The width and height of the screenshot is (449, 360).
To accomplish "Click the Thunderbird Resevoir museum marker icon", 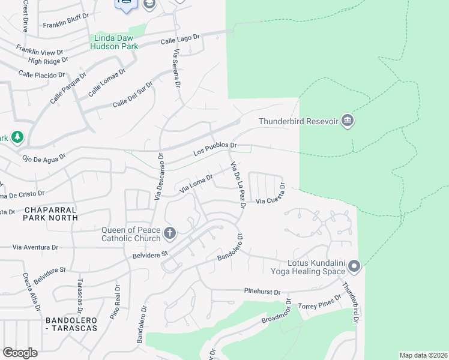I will pyautogui.click(x=348, y=121).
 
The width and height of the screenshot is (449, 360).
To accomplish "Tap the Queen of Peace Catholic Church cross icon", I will pyautogui.click(x=170, y=232).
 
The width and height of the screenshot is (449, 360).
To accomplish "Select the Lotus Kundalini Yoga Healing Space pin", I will pyautogui.click(x=354, y=265).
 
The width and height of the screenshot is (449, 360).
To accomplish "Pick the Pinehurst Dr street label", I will pyautogui.click(x=262, y=292).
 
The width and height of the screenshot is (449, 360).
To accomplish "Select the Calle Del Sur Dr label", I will pyautogui.click(x=133, y=97).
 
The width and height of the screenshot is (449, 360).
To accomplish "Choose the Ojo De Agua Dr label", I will pyautogui.click(x=43, y=158).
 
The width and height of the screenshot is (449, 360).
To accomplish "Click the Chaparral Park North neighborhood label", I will pyautogui.click(x=51, y=214).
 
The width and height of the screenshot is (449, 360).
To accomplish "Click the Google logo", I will pyautogui.click(x=20, y=352).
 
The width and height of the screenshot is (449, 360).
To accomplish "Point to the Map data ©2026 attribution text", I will pyautogui.click(x=423, y=355).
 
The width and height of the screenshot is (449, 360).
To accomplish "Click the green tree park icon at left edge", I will pyautogui.click(x=17, y=137).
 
